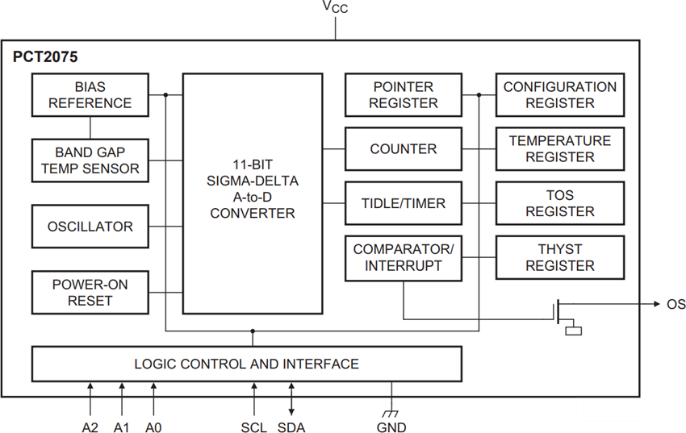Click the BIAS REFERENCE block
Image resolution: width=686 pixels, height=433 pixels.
click(x=90, y=95)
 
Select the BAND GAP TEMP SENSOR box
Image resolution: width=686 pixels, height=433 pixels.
click(x=90, y=160)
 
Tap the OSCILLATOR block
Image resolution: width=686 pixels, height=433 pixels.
click(x=90, y=227)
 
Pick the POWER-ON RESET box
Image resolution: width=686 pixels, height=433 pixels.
click(x=90, y=293)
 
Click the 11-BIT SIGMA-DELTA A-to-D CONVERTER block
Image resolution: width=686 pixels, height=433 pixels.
click(x=252, y=194)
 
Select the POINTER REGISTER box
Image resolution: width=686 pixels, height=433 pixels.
click(x=403, y=95)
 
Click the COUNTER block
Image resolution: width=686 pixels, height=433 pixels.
click(x=403, y=149)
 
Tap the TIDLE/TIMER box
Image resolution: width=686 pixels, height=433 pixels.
click(x=403, y=203)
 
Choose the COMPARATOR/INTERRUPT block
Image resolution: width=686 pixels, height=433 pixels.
click(x=403, y=258)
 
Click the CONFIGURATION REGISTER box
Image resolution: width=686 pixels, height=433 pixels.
click(x=559, y=95)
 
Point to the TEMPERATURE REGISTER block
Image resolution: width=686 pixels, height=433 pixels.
click(x=559, y=149)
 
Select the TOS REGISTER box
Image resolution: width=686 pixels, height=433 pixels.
click(x=559, y=203)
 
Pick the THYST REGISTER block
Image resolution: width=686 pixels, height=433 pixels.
click(x=559, y=258)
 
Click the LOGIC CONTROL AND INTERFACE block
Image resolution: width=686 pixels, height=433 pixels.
click(x=246, y=364)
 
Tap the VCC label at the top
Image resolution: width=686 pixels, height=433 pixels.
click(x=337, y=7)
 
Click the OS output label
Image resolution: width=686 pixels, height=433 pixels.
click(x=676, y=304)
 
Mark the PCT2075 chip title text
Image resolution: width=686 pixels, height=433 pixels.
click(x=45, y=58)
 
